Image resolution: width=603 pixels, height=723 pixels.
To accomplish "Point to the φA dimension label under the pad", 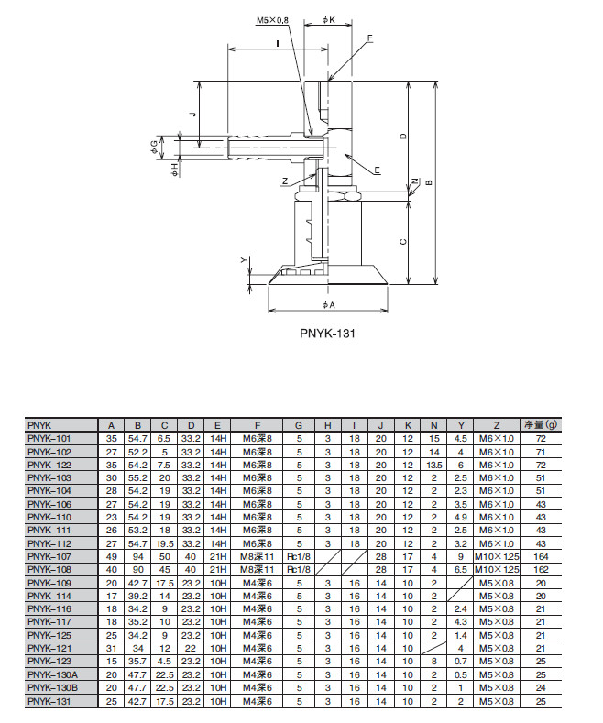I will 329,304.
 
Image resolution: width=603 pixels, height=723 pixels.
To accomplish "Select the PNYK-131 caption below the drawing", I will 326,335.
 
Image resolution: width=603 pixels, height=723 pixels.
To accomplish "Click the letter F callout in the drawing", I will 369,38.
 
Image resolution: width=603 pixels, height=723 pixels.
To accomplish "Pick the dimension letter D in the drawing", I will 402,137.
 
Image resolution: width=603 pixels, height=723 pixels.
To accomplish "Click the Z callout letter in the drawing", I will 285,180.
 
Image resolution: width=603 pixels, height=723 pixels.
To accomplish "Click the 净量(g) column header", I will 540,425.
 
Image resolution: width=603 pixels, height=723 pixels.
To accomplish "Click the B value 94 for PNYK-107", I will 137,557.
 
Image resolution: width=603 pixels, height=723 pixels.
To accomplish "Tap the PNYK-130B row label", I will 52,688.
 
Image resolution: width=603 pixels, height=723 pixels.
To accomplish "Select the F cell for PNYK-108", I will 258,570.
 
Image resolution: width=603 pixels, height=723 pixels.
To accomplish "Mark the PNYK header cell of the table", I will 41,425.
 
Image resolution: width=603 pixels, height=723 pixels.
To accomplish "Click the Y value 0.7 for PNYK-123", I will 462,662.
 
